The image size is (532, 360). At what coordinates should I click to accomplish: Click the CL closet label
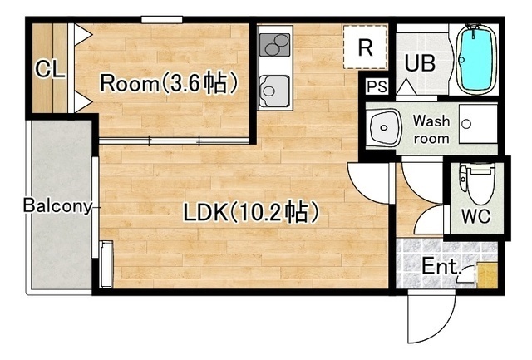[x=50, y=69]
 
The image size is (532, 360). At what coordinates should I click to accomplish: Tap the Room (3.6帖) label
[x=169, y=83]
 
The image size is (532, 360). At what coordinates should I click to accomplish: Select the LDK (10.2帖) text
[x=251, y=212]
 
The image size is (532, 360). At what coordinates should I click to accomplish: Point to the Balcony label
[x=57, y=206]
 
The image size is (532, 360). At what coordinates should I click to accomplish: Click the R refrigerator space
[x=366, y=47]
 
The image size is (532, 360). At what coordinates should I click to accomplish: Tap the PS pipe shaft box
[x=377, y=86]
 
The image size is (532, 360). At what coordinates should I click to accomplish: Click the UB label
[x=420, y=62]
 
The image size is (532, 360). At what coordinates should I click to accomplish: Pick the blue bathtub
[x=475, y=58]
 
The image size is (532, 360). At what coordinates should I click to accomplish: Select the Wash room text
[x=431, y=129]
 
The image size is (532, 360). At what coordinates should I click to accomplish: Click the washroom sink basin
[x=384, y=128]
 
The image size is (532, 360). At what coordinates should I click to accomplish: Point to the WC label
[x=475, y=215]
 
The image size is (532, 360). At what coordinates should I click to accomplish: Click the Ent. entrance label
[x=441, y=266]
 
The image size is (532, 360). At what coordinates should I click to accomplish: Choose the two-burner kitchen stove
[x=274, y=45]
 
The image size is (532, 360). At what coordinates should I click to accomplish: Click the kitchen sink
[x=274, y=91]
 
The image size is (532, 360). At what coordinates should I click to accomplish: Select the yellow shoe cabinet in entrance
[x=487, y=275]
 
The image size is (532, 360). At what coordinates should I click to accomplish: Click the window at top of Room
[x=162, y=20]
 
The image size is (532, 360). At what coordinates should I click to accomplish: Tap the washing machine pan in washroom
[x=478, y=124]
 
